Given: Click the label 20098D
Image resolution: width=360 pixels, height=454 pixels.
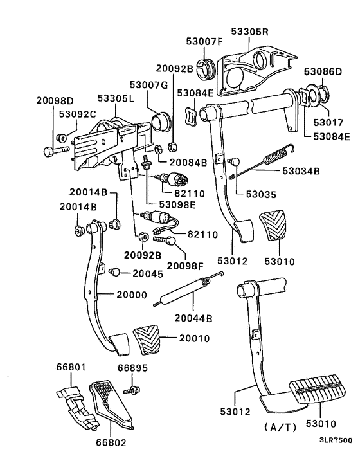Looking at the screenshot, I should [x=55, y=101].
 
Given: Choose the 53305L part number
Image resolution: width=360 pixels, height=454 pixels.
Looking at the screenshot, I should [x=116, y=99].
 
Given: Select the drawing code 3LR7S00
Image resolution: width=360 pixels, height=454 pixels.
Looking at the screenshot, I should [x=335, y=441].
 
